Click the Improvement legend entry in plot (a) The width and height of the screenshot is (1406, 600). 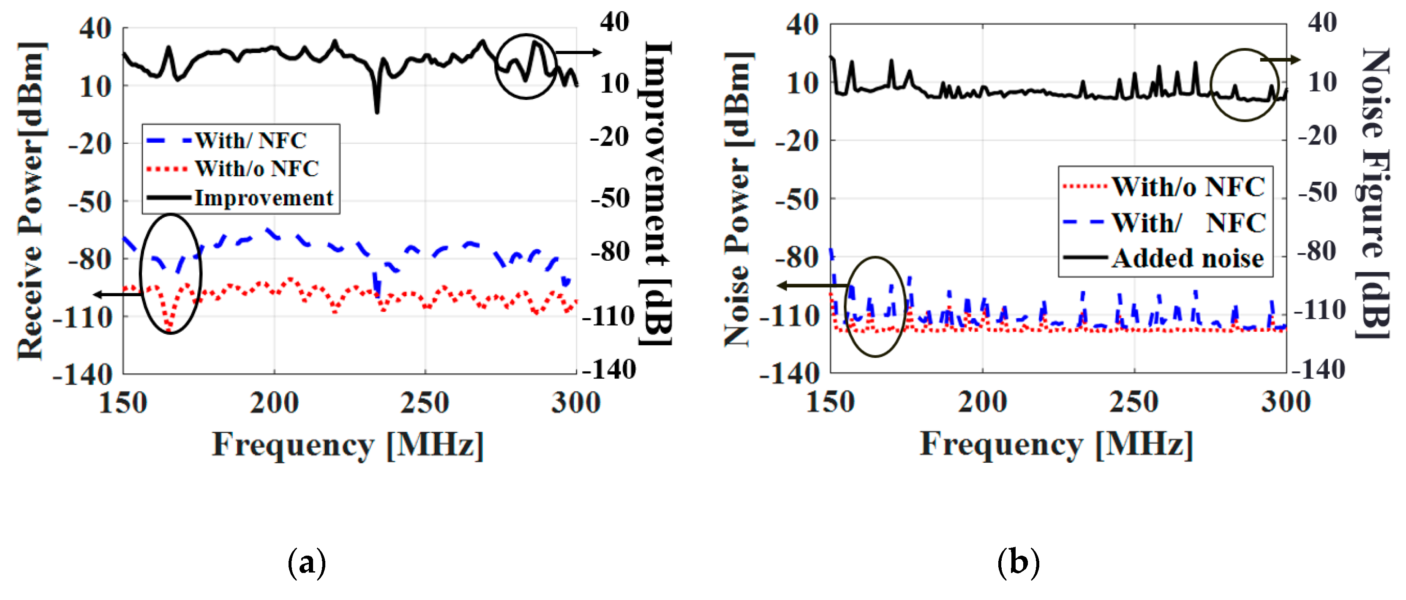[x=263, y=198]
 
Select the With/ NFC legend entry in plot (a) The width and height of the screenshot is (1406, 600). [x=251, y=140]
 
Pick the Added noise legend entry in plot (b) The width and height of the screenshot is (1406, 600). [x=1188, y=258]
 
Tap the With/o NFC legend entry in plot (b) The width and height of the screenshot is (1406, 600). [x=1188, y=187]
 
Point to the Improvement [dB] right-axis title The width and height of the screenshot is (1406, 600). [x=657, y=194]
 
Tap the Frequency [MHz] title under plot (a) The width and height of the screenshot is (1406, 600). [x=348, y=445]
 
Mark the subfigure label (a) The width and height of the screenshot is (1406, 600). [x=307, y=562]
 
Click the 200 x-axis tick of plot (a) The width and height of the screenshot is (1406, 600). [x=274, y=403]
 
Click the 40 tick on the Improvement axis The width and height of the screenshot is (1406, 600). [x=615, y=22]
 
